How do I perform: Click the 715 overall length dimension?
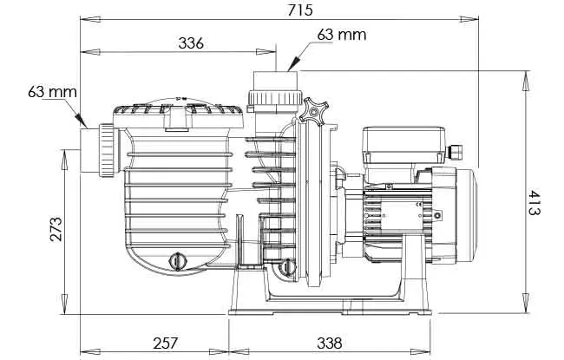coord(300,10)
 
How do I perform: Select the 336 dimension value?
coord(191,43)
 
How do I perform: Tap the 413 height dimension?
coord(534,202)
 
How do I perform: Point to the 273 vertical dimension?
coord(56,229)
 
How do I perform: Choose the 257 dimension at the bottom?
coord(166,344)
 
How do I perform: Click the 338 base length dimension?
coord(330,344)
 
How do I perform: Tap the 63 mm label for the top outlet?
coord(342,35)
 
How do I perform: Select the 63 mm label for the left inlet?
coord(53,92)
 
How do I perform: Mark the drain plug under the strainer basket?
coord(177,261)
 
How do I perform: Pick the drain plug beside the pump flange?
coord(288,267)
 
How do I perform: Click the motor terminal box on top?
coord(404,145)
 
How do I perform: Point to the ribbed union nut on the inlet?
coord(108,150)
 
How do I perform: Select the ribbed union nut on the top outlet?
coord(274,97)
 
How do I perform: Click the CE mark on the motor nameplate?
coord(419,205)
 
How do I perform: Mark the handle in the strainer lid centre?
coord(176,117)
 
